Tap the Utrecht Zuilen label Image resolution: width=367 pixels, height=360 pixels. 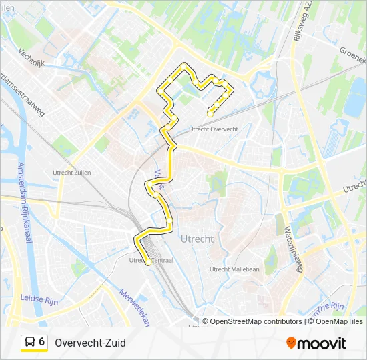[71, 173]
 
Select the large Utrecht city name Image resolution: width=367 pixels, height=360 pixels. [197, 238]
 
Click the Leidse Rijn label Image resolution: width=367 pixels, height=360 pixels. [40, 299]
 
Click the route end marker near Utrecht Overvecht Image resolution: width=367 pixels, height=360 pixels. [210, 114]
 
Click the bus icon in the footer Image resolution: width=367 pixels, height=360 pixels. [30, 342]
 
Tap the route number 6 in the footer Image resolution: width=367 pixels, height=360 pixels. [42, 341]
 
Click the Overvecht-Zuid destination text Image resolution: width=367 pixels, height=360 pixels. [91, 343]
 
